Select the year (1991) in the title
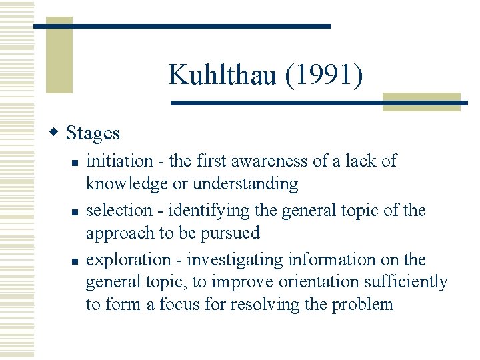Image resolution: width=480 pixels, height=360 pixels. pyautogui.click(x=324, y=75)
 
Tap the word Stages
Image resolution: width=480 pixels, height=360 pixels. pyautogui.click(x=93, y=133)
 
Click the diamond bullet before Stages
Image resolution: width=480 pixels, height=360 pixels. pyautogui.click(x=56, y=132)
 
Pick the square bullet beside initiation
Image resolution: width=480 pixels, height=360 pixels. pyautogui.click(x=76, y=162)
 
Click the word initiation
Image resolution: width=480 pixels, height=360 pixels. pyautogui.click(x=119, y=161)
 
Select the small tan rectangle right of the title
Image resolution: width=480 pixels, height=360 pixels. pyautogui.click(x=421, y=101)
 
